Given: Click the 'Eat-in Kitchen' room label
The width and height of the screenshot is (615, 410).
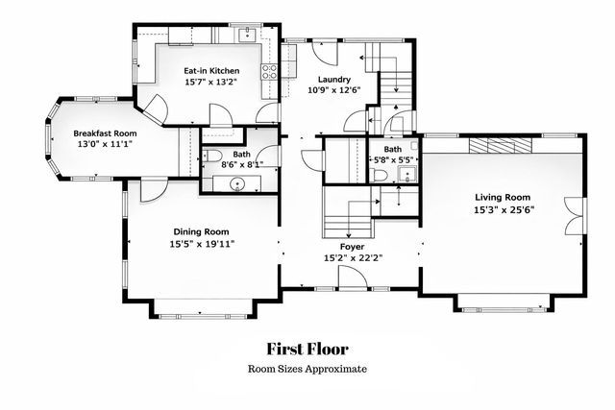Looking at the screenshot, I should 211,71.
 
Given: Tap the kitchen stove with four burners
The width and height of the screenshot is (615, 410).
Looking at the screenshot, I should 269,69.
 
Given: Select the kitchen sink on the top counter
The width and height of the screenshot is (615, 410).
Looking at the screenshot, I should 247,35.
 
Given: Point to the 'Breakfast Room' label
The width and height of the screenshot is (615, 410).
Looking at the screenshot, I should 106,133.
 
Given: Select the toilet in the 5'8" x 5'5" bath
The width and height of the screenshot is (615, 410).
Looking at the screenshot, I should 380,174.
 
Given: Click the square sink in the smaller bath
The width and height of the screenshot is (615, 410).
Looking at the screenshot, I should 406,174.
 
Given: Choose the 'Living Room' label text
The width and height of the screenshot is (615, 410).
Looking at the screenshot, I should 503,197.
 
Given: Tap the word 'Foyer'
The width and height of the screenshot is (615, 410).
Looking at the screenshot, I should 350,245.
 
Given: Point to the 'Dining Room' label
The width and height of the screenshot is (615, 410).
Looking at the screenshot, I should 201,231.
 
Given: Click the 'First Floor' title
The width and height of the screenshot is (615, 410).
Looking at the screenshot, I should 307,350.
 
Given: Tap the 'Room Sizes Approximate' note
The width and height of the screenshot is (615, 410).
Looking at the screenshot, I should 307,369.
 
